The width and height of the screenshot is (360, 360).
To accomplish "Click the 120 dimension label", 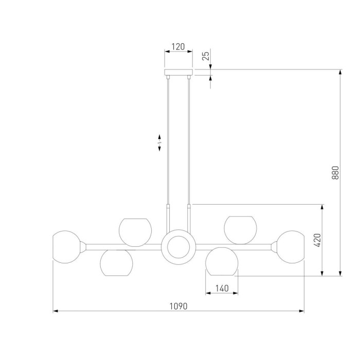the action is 178,47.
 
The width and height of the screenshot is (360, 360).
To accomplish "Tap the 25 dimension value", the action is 206,56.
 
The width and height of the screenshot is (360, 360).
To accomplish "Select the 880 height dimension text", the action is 335,173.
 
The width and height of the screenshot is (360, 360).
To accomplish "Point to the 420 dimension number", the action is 317,240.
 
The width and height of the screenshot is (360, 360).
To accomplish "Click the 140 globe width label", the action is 222,288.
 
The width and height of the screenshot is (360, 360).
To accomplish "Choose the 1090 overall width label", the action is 178,306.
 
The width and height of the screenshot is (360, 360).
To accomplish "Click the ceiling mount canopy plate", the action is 178,72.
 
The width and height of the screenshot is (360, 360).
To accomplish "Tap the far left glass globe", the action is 66,247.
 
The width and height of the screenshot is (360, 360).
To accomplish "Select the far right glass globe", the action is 291,247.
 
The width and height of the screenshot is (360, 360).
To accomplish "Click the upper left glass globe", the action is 135,232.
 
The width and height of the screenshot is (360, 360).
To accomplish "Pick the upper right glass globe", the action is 240,230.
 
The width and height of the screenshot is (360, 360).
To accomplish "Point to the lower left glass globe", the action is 116,263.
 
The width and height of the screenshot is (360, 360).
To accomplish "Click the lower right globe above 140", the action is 222,261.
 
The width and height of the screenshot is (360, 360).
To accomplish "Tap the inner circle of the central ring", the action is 178,247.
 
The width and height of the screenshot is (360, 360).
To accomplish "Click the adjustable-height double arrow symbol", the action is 159,142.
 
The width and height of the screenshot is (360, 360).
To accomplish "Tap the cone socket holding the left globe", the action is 83,247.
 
